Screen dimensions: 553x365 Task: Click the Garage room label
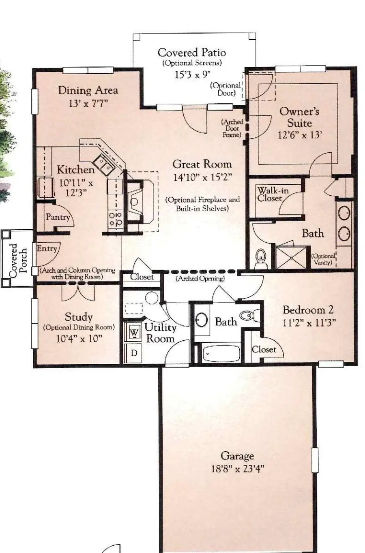coord(237,456)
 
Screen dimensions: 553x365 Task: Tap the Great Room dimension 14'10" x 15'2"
coord(202,177)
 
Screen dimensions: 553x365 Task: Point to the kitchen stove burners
coord(116,219)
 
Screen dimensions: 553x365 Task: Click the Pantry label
coord(58,217)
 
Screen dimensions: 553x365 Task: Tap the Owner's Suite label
coord(299,117)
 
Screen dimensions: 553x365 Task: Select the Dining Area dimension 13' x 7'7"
coord(88,103)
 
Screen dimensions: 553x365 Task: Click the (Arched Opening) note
coord(200,279)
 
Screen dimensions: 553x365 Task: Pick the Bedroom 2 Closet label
coord(264,349)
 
